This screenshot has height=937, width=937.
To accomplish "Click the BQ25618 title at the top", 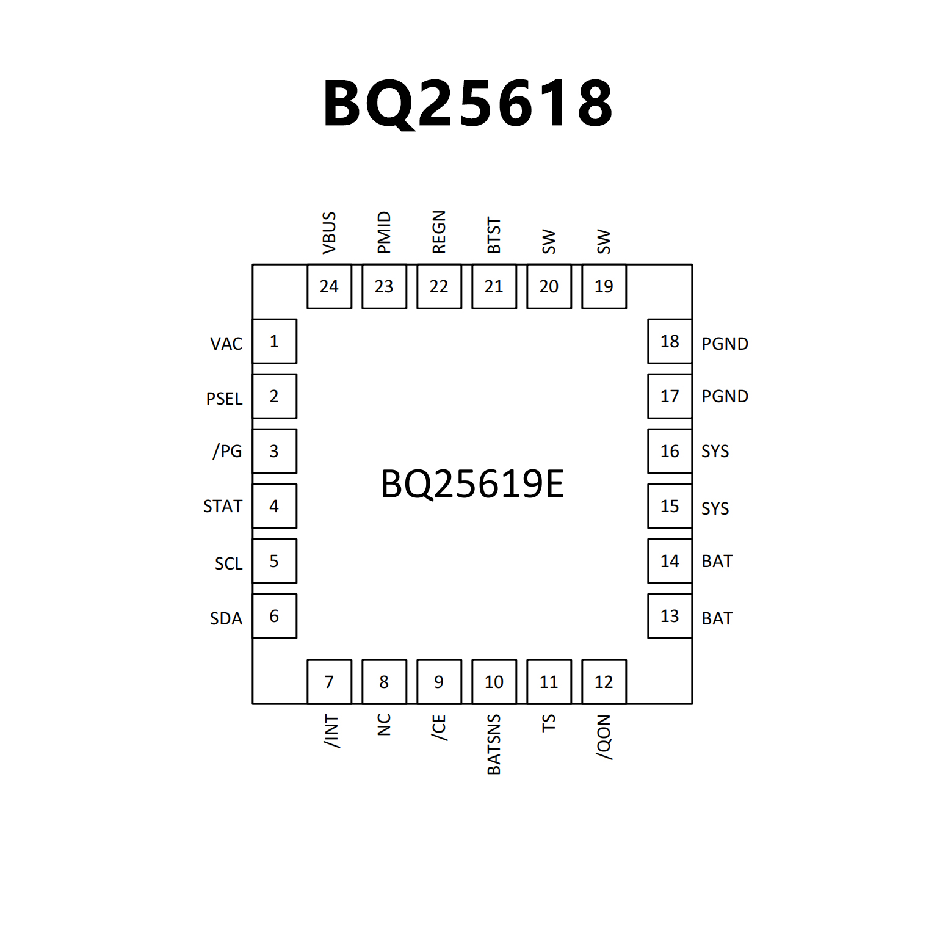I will [468, 104].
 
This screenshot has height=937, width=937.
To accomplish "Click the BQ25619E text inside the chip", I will [472, 484].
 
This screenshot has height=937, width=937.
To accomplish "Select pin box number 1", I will [274, 341].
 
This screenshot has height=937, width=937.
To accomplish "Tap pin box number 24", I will [329, 286].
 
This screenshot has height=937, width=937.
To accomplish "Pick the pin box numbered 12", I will [604, 682].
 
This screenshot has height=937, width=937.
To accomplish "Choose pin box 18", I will [670, 341].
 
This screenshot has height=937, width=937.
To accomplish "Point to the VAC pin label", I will [226, 344].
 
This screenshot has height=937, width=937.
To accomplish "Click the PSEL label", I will [224, 399].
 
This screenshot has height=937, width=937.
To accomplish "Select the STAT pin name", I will [222, 506].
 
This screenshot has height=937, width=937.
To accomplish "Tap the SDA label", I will [226, 618].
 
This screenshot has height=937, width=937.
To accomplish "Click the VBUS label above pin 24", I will [329, 233].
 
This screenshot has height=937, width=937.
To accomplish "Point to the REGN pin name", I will [439, 232].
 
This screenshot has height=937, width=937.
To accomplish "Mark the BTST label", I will [494, 235].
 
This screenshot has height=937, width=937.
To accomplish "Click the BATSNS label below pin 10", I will [494, 744].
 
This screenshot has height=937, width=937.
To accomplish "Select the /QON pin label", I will [604, 737].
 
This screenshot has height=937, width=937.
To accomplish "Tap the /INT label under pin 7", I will [330, 731].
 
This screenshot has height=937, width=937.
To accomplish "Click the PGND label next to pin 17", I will [725, 396].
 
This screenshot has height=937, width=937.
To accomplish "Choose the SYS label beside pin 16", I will [715, 451].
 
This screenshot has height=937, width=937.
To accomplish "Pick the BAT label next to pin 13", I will [717, 618].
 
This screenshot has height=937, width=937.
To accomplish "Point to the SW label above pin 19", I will [604, 242].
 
